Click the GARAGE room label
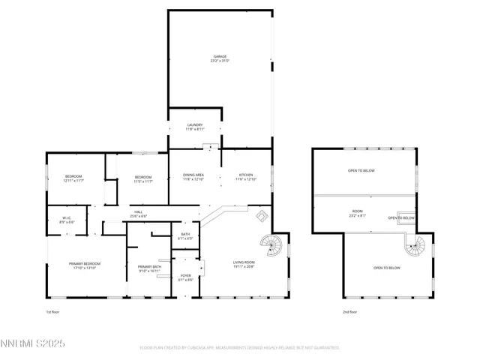tap(220, 58)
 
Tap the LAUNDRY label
tap(195, 127)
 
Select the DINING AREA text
tap(193, 177)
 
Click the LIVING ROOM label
tap(244, 264)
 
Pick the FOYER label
tap(185, 277)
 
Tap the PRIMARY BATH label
tap(149, 268)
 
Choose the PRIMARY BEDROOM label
tap(85, 265)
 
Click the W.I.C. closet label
tap(66, 220)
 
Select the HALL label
tap(139, 214)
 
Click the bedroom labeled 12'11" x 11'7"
tap(73, 178)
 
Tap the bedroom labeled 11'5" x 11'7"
tap(142, 178)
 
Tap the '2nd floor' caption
tap(350, 310)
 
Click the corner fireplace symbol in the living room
tap(261, 217)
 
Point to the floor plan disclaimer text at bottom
tap(240, 348)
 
